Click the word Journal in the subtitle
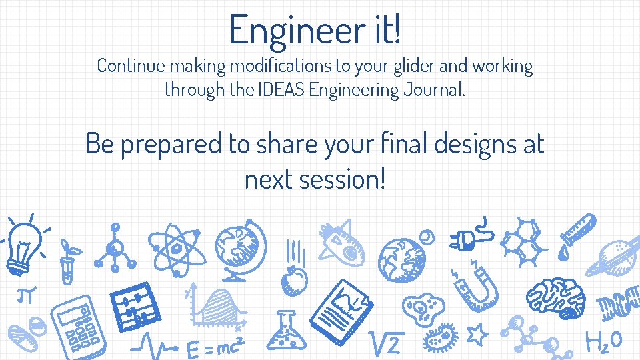tap(433, 89)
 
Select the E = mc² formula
tap(213, 347)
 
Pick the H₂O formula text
tap(603, 341)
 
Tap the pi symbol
tap(27, 294)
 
